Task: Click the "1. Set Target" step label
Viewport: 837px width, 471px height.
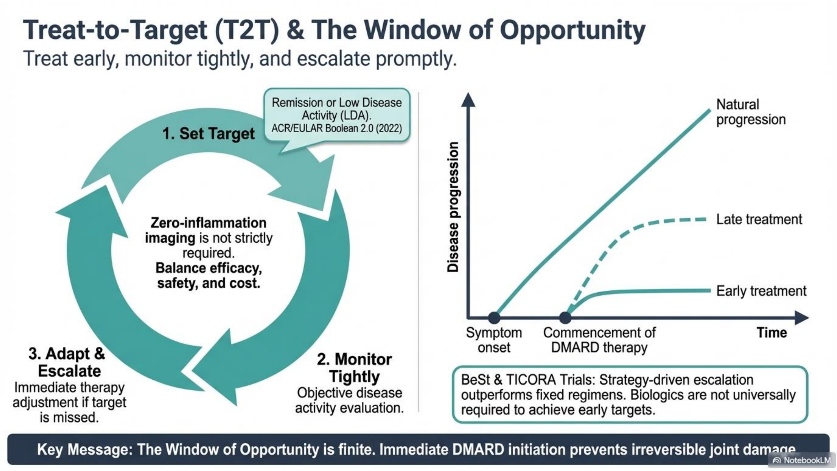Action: tap(208, 133)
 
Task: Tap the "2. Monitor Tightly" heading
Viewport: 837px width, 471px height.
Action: tap(354, 368)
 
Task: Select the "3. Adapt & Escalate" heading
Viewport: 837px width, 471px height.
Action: tap(67, 362)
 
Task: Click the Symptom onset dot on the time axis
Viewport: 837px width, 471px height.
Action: tap(494, 317)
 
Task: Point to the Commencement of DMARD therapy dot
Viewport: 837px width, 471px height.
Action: tap(565, 317)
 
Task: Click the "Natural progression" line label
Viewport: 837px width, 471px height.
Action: tap(751, 112)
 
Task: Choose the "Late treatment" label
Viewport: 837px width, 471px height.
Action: tap(759, 219)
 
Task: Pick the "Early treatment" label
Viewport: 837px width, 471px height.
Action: tap(761, 291)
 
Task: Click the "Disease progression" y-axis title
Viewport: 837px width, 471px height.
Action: tap(453, 207)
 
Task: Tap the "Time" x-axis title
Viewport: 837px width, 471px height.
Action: tap(772, 333)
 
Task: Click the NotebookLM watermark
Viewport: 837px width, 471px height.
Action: tap(801, 460)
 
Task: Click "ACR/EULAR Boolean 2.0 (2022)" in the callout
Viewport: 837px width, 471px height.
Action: tap(337, 128)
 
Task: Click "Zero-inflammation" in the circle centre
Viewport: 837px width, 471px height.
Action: tap(208, 223)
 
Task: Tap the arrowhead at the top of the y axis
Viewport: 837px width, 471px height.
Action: tap(468, 100)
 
